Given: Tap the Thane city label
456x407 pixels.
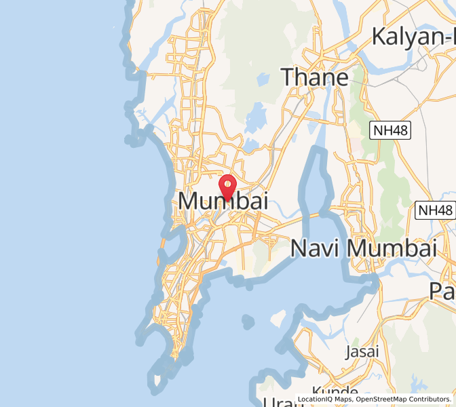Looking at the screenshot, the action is click(315, 77).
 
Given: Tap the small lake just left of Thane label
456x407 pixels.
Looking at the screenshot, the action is click(262, 80).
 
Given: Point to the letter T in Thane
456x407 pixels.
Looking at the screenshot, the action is click(289, 77).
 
